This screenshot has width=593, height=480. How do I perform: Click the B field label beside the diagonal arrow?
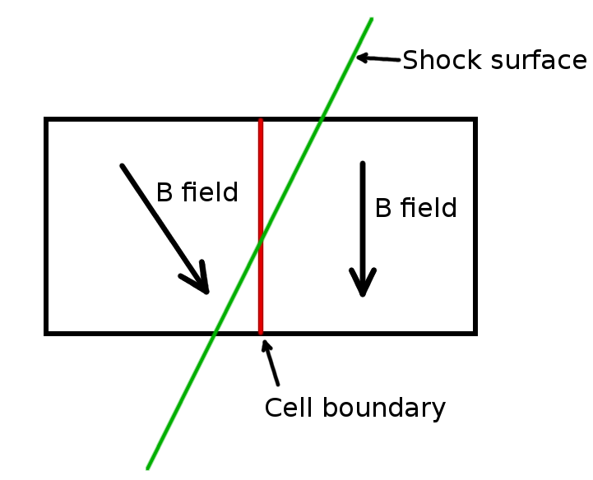pos(197,192)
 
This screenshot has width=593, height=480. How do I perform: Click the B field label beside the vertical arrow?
pos(415,208)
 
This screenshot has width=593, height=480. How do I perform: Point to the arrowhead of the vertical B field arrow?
pos(363,288)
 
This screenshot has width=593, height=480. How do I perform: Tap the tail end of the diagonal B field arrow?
pos(123,166)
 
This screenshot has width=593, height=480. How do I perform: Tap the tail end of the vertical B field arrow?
pos(363,164)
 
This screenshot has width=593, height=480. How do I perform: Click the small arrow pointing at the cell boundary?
pos(271,362)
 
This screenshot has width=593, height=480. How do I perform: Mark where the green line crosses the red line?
pos(261,239)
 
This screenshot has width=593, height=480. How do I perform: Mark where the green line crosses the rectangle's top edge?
pos(322,120)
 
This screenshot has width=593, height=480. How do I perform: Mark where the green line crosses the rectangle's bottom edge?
pos(215,333)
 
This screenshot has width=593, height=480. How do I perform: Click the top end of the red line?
pos(261,122)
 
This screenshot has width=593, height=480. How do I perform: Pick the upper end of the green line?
pos(372,18)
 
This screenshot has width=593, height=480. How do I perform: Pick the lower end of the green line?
pos(148,468)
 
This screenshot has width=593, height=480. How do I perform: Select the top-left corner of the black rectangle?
pos(47,121)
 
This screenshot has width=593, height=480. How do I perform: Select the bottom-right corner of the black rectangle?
pos(475,333)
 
